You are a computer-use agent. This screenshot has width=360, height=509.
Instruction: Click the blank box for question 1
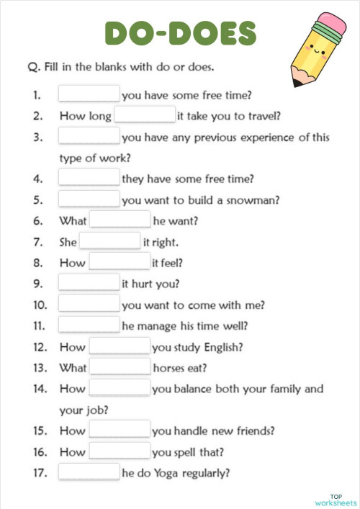point(89,94)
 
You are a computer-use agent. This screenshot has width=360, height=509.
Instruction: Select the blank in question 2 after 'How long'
point(145,114)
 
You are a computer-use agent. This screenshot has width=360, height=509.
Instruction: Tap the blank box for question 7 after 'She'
point(109,241)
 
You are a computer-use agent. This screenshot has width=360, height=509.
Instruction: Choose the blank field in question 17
point(89,472)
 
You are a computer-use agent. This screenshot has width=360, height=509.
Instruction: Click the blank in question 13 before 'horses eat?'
point(120,367)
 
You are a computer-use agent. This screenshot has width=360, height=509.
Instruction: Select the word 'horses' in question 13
point(171,368)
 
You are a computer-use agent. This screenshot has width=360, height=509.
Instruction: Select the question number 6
point(39,220)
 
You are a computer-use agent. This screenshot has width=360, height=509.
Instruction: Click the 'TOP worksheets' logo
point(336,499)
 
